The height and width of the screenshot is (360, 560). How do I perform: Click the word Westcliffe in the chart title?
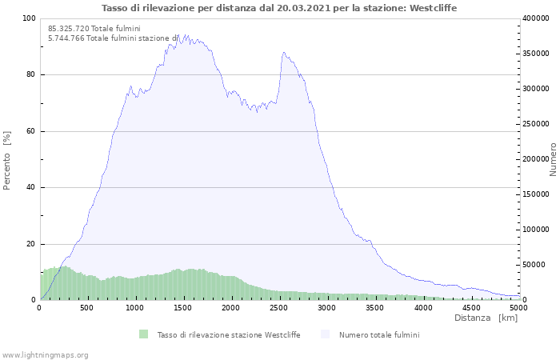click(x=433, y=8)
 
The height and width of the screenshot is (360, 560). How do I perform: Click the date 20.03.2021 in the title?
click(x=303, y=8)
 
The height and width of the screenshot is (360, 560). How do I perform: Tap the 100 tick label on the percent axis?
click(x=29, y=18)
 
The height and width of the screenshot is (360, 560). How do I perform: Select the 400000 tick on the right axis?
click(x=536, y=18)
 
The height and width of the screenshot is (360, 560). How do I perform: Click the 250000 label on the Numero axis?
click(x=536, y=124)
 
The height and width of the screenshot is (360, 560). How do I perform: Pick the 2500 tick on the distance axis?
click(x=278, y=308)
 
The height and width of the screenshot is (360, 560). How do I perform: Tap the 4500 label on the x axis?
click(x=471, y=308)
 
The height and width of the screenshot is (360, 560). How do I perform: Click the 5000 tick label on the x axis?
click(x=518, y=308)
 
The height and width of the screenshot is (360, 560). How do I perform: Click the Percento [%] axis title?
click(x=7, y=160)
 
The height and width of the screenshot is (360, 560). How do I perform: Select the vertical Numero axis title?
click(x=553, y=159)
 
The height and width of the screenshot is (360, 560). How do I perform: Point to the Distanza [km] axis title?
click(x=486, y=318)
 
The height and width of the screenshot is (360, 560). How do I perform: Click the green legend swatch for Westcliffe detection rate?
click(x=143, y=334)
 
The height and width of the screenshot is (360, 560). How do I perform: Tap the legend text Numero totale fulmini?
click(x=379, y=335)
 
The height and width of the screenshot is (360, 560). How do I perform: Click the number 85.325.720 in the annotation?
click(x=69, y=29)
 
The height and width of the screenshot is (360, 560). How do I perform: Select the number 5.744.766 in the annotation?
click(x=66, y=38)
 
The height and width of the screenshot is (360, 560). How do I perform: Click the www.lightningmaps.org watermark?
click(x=45, y=355)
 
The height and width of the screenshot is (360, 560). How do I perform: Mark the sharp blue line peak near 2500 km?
click(x=283, y=53)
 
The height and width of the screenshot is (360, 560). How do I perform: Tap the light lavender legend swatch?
click(x=325, y=334)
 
